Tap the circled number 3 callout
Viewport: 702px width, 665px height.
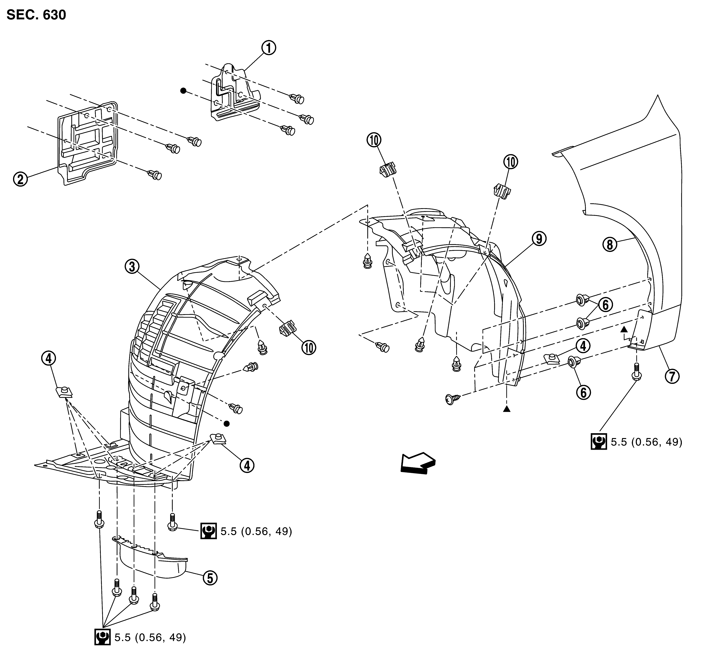[x=132, y=267]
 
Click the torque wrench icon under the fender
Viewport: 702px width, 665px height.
[x=599, y=442]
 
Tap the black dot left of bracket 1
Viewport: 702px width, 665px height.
[x=183, y=91]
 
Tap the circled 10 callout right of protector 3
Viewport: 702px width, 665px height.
[x=309, y=348]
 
